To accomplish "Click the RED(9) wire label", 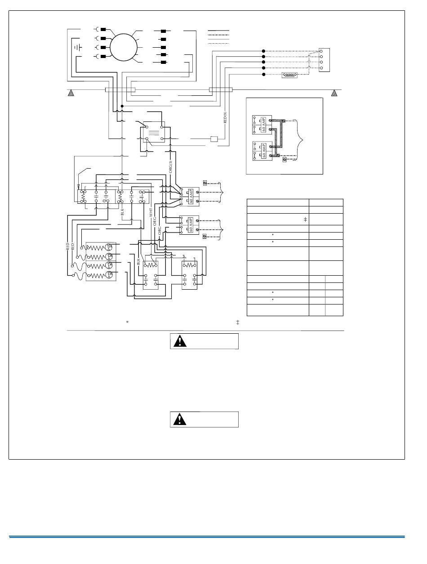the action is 225,117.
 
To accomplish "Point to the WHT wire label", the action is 151,212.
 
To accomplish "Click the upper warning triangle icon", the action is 180,341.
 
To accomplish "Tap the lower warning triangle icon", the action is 180,419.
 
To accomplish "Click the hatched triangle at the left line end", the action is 71,93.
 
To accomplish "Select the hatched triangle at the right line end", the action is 334,93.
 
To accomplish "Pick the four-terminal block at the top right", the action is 324,59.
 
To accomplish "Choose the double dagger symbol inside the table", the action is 305,219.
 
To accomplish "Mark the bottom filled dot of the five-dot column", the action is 264,75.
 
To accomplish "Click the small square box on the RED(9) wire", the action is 214,139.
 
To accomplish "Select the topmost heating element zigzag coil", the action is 95,246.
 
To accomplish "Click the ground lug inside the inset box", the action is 284,159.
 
